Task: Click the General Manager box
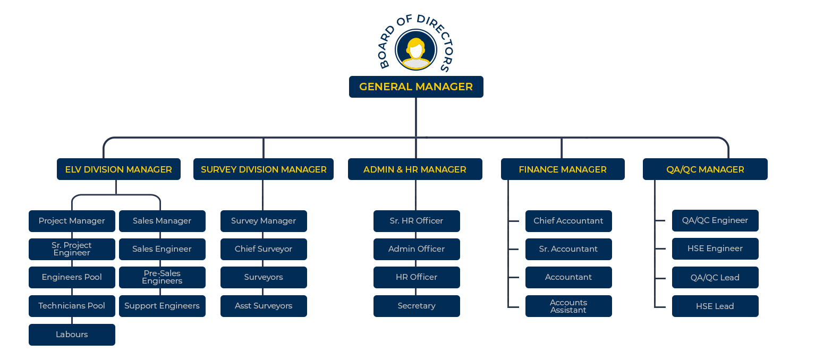[x=416, y=87]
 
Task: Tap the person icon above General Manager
[x=416, y=53]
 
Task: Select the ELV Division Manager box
[x=118, y=169]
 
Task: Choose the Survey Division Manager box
[x=264, y=169]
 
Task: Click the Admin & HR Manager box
[x=415, y=169]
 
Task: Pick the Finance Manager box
[x=563, y=169]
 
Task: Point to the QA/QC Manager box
[x=705, y=169]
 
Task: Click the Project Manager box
[x=72, y=221]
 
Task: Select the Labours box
[x=72, y=335]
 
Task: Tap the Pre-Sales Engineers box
[x=162, y=277]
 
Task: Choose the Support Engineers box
[x=162, y=306]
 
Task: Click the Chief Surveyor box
[x=264, y=249]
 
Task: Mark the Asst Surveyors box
[x=264, y=306]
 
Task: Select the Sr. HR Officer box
[x=417, y=221]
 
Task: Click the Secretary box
[x=417, y=306]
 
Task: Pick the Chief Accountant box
[x=568, y=221]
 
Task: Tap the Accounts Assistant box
[x=568, y=306]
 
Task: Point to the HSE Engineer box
[x=715, y=248]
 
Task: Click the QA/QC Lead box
[x=715, y=277]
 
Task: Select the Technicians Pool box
[x=72, y=306]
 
